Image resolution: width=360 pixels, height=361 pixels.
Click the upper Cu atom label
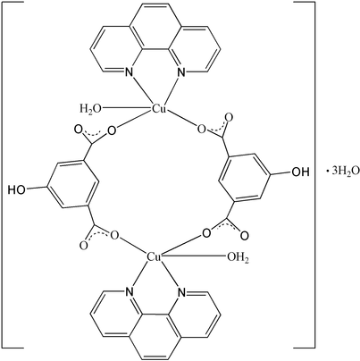159,108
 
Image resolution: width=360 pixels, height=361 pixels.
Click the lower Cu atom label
155,257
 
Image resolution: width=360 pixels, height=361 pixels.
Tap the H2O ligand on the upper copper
90,109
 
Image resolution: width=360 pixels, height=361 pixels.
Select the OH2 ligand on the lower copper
239,257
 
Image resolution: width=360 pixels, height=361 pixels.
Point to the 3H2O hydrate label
342,172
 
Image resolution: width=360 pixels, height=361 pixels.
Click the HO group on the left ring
17,189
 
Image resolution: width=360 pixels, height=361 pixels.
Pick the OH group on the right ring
300,172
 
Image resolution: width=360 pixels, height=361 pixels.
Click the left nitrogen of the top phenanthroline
129,71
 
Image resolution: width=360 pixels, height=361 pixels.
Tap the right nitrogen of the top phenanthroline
182,71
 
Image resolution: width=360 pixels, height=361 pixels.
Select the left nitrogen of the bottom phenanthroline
129,292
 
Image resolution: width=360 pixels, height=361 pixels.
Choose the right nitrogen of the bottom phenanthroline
182,292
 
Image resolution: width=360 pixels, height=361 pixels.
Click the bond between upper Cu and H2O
127,109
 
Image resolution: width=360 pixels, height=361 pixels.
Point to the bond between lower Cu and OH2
194,256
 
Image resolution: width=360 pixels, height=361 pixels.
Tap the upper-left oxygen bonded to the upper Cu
112,130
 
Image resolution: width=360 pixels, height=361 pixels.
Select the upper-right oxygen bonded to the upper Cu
202,129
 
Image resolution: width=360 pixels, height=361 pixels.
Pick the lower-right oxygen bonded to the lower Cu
206,233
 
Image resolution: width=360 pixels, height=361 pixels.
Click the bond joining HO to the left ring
37,189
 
